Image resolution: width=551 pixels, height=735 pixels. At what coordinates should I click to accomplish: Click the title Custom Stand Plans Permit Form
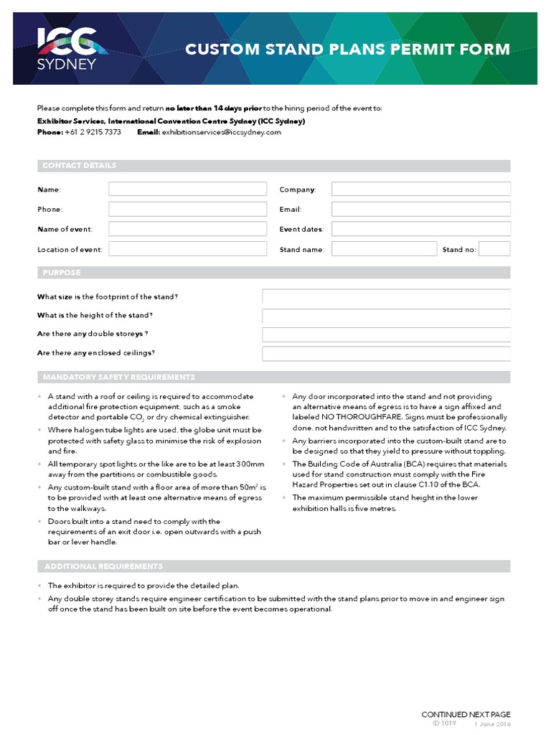point(348,50)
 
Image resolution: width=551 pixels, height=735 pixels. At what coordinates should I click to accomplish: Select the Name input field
point(187,189)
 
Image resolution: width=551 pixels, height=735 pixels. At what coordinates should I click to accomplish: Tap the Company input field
point(420,189)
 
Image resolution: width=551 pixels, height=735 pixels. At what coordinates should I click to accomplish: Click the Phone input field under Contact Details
point(187,210)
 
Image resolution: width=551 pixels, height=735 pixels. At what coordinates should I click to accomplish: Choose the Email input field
point(420,210)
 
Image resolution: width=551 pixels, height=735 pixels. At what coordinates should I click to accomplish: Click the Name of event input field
point(187,229)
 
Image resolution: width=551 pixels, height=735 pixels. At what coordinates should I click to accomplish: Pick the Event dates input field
point(420,229)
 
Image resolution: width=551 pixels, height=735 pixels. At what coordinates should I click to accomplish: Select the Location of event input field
point(187,249)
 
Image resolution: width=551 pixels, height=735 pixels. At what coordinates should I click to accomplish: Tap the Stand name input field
point(384,249)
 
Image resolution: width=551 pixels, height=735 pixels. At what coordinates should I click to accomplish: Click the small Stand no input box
point(494,249)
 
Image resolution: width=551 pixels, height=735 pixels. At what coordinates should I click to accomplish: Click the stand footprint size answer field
point(386,297)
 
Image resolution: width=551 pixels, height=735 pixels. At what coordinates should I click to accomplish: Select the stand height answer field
point(386,316)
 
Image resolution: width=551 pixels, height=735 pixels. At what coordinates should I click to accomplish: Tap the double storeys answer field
point(386,334)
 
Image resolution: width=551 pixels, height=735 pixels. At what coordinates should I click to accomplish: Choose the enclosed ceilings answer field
point(386,353)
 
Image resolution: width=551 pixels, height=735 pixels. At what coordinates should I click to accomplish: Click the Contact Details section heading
point(79,166)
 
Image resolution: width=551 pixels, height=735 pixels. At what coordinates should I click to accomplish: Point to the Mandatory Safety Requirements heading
point(118,378)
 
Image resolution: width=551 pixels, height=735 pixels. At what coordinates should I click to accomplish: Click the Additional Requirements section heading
point(103,566)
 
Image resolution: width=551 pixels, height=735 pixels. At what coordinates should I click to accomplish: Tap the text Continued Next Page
point(466,714)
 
